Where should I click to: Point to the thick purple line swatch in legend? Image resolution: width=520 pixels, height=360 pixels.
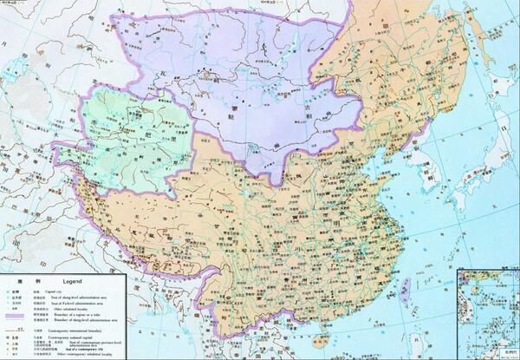pos(16,317)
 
